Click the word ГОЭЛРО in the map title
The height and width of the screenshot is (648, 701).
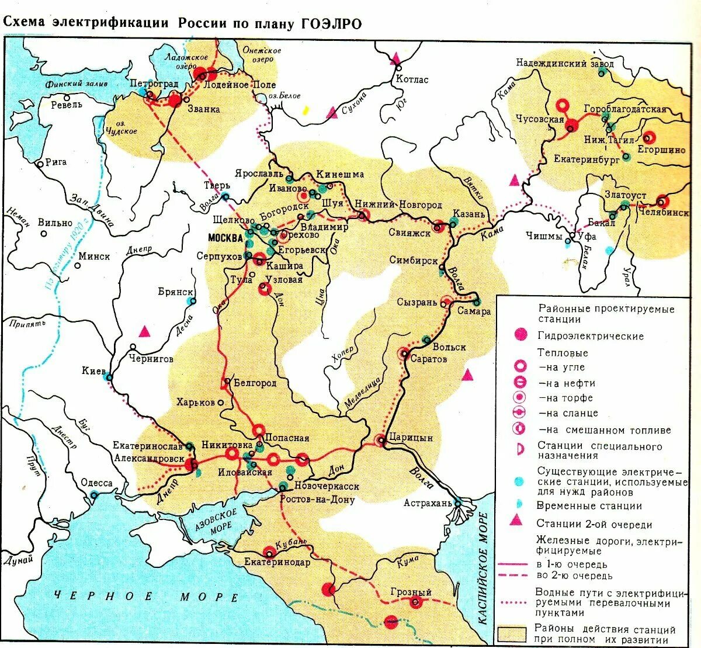pos(331,23)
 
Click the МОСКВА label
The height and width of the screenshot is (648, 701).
pos(225,238)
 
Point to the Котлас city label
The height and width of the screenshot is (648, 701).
pos(412,79)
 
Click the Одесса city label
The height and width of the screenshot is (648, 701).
pos(96,483)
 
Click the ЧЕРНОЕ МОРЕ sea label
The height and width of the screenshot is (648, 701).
pos(146,597)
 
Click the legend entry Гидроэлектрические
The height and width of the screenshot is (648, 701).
pos(591,336)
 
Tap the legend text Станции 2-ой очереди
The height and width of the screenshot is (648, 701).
pos(594,524)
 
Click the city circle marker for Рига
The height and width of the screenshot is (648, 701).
pos(40,164)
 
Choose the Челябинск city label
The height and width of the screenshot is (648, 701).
pos(663,213)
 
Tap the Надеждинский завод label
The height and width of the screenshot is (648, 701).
pos(565,63)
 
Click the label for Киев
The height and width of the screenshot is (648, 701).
pos(94,371)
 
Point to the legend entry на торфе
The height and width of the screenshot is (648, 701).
pos(565,398)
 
